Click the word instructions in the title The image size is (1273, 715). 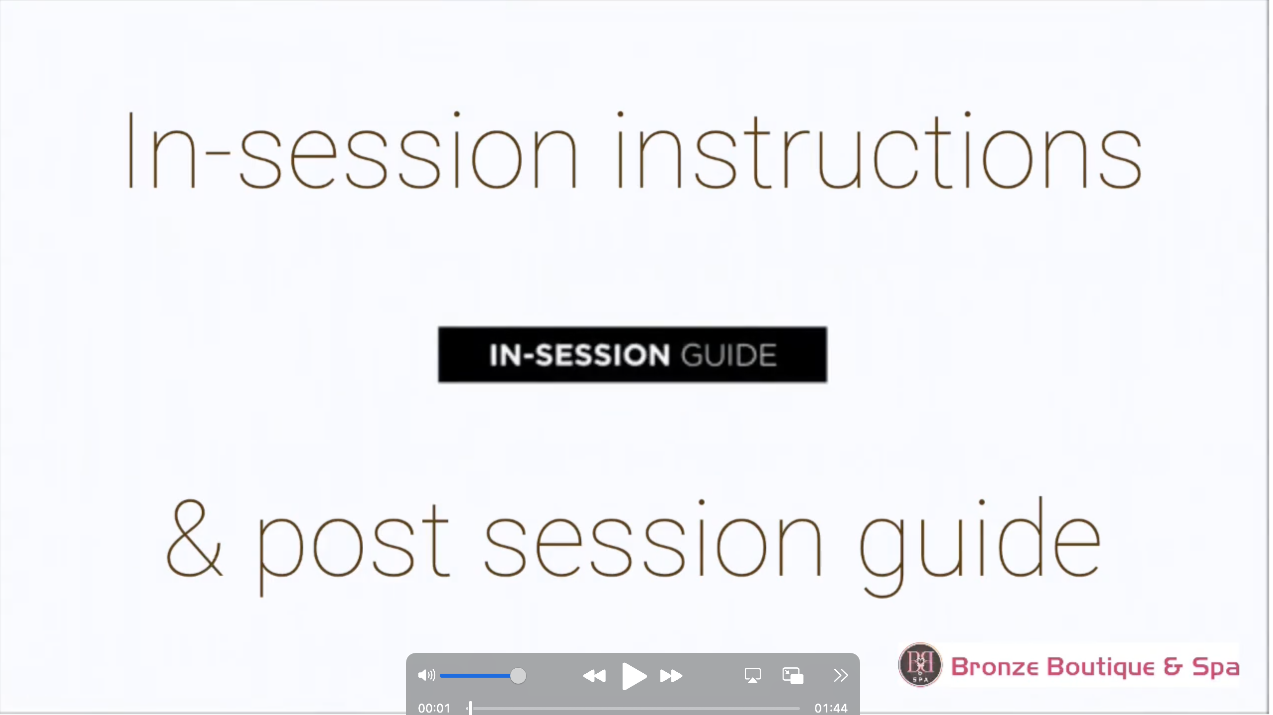(878, 151)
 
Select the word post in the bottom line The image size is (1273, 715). (353, 547)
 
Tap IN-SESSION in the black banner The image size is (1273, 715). (579, 355)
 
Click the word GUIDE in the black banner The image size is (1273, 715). (728, 355)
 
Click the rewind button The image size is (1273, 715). (594, 676)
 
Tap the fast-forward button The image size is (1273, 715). (671, 676)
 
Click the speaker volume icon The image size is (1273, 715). (427, 675)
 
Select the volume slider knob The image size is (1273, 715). (518, 676)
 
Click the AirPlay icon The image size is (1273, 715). (752, 676)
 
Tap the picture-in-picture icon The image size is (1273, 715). (793, 676)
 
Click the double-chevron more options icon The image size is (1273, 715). (841, 675)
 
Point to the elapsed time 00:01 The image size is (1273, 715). (434, 708)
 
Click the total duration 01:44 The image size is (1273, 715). (831, 708)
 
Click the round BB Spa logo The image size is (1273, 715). (920, 665)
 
